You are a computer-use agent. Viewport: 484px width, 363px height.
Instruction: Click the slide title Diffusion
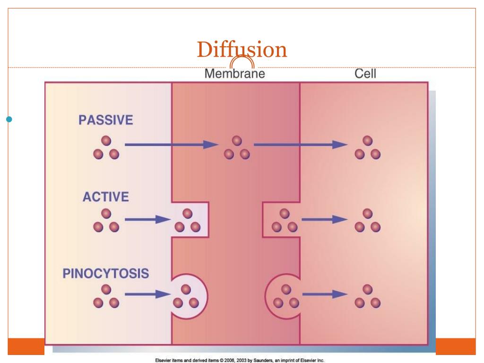pos(242,50)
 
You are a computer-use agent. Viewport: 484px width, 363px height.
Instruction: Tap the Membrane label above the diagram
pos(234,74)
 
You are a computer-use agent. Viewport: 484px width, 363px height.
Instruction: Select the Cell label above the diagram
pos(365,74)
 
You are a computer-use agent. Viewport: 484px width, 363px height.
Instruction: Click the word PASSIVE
pos(106,120)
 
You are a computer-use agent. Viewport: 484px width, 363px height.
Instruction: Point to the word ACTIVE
pos(106,197)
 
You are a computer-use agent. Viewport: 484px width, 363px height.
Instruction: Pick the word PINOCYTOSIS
pos(106,274)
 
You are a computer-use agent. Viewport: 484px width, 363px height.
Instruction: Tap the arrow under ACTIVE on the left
pos(147,219)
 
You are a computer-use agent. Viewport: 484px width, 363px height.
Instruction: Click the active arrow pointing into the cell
pos(324,219)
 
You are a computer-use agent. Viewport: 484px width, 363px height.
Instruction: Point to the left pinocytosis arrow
pos(147,294)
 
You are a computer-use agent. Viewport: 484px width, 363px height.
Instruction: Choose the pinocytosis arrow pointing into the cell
pos(324,294)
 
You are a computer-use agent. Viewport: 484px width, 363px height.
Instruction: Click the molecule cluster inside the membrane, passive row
pos(236,148)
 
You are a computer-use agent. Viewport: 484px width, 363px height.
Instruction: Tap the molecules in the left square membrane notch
pos(187,221)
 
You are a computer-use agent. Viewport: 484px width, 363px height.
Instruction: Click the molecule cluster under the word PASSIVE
pos(106,148)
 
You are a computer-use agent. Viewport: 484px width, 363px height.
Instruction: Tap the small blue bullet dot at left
pos(8,119)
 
